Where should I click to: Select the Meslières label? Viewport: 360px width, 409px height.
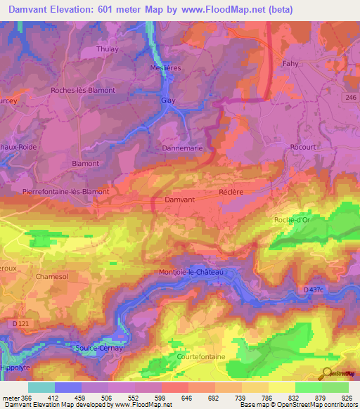167,67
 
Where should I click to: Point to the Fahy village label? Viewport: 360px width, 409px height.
290,63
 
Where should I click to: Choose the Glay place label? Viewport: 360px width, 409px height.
168,100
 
